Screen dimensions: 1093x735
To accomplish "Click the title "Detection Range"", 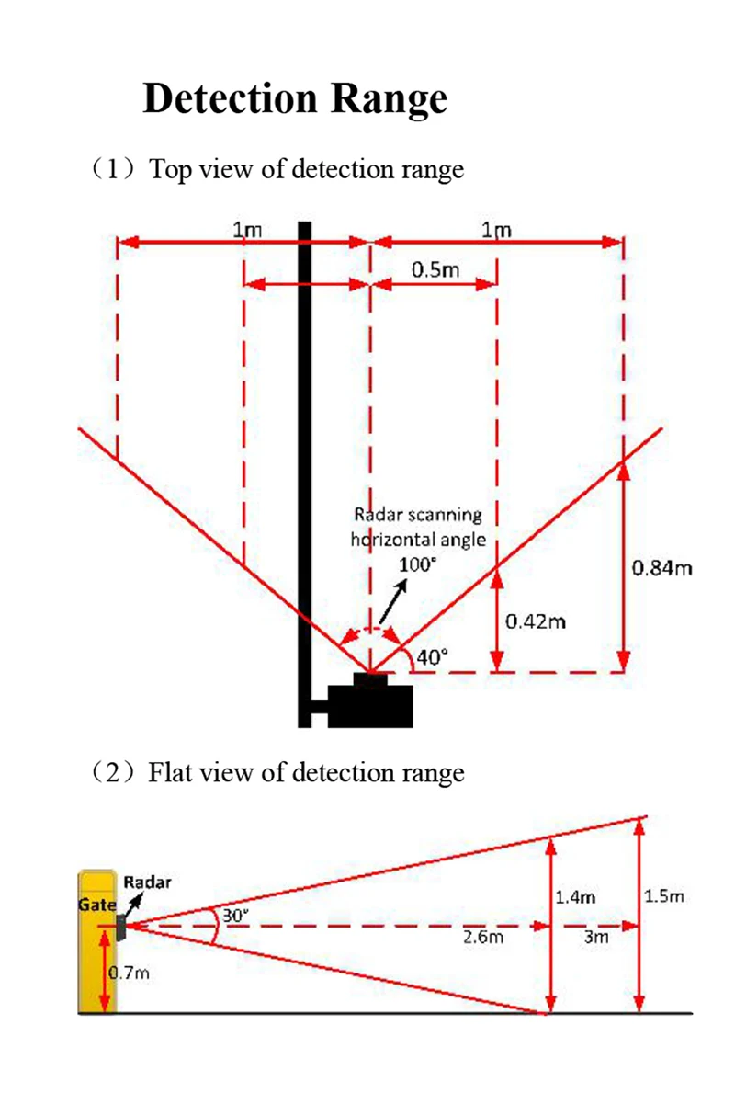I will point(295,98).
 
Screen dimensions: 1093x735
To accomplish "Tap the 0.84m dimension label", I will point(662,567).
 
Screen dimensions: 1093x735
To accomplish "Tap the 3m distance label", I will point(596,938).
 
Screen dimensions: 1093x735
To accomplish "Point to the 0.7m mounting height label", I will point(130,973).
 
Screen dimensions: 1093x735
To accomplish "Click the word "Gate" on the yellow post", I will point(96,905).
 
